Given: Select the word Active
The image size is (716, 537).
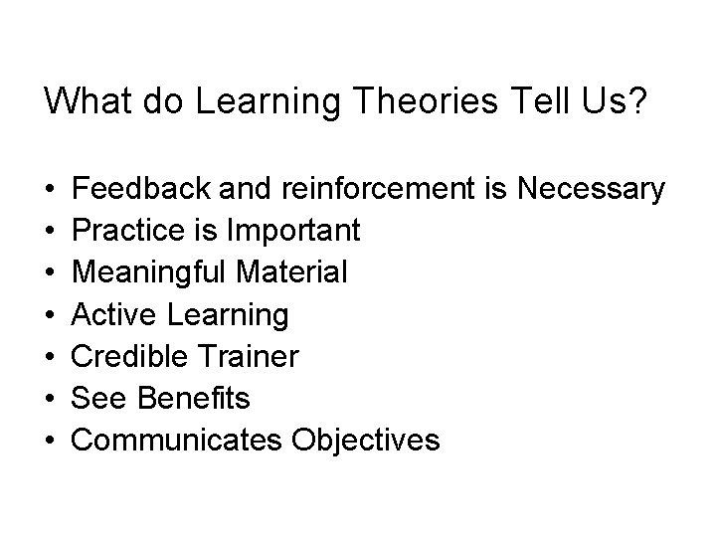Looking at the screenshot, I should pos(116,314).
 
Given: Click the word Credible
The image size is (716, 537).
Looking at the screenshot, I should pos(133,356).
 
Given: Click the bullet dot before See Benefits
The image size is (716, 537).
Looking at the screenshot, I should pos(50,399).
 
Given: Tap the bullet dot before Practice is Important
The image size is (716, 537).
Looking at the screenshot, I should pos(50,231).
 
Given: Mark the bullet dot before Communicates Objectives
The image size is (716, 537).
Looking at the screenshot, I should pos(50,441).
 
